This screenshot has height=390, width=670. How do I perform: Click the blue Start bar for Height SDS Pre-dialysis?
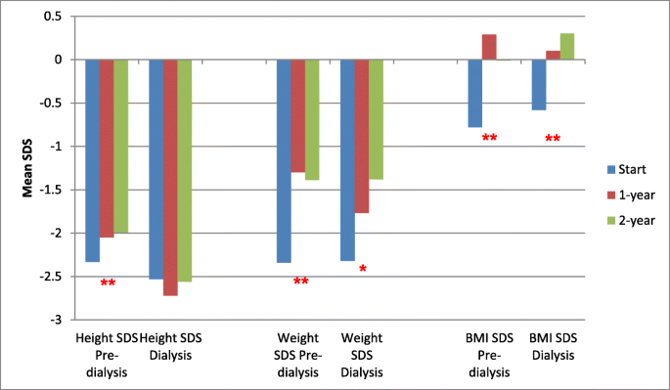(x=92, y=160)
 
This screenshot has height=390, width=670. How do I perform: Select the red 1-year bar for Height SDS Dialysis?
(x=170, y=177)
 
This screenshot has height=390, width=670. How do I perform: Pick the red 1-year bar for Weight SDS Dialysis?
(x=361, y=136)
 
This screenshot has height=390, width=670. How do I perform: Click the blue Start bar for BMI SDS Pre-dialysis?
(x=474, y=93)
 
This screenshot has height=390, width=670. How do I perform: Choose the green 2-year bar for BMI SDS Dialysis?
(x=567, y=47)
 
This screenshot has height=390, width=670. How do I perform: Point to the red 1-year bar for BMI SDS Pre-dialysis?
(x=489, y=47)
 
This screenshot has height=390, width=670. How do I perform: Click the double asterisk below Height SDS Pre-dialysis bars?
(x=108, y=284)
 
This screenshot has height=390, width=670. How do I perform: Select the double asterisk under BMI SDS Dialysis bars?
(x=553, y=140)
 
